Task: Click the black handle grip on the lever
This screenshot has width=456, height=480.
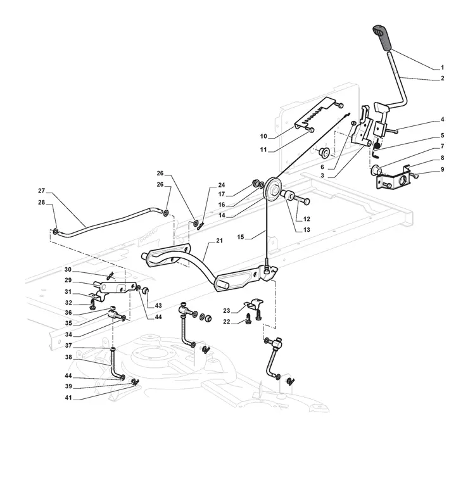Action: click(x=382, y=37)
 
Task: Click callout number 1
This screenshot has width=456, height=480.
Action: click(x=442, y=67)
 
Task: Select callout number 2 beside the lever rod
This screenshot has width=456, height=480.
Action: click(x=442, y=79)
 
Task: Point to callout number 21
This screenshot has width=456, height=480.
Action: click(x=219, y=241)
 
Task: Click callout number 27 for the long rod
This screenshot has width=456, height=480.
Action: click(x=41, y=191)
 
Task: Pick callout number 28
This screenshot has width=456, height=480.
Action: click(x=41, y=203)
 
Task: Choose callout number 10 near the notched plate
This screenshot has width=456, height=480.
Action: click(x=263, y=136)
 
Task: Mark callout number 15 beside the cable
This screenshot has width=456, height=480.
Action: click(x=241, y=237)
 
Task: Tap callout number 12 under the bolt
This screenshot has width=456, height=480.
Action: click(x=307, y=219)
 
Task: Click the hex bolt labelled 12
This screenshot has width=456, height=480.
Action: click(x=302, y=201)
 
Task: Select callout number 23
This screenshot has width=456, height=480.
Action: click(x=226, y=311)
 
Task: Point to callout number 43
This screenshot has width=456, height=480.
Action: click(x=158, y=305)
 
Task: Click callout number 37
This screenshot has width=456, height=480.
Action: click(x=68, y=345)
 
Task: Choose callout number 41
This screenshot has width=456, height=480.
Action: click(x=68, y=398)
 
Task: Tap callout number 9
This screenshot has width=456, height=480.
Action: click(x=442, y=169)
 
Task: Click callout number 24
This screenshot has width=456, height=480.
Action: click(x=222, y=185)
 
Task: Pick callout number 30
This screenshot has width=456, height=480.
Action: click(x=68, y=269)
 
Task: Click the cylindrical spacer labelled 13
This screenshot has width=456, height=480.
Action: click(x=288, y=195)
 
